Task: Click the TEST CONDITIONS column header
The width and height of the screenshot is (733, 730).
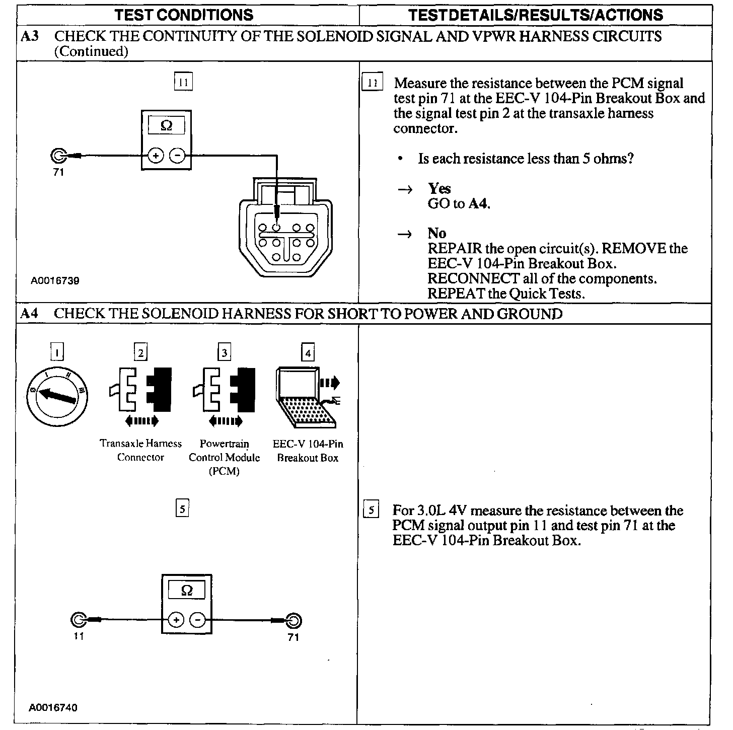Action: [x=184, y=15]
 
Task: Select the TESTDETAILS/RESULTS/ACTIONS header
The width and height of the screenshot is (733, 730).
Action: [x=535, y=15]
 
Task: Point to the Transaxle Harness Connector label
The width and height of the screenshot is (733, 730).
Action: [x=140, y=450]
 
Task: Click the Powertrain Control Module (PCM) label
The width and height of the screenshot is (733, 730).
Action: [x=225, y=457]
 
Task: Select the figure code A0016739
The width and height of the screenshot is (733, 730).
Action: [x=55, y=280]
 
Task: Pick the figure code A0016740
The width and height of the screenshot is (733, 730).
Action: [x=53, y=707]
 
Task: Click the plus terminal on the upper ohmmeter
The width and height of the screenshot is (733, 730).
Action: [x=156, y=156]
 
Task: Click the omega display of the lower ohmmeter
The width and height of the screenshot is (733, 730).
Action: [x=187, y=591]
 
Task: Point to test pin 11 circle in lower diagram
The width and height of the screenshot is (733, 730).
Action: [x=80, y=620]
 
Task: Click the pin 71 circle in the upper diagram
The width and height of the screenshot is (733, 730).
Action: [x=58, y=156]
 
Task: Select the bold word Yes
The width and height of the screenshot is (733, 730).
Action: [x=439, y=188]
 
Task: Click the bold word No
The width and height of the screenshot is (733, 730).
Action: [x=436, y=233]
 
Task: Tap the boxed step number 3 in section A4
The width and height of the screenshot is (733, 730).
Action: [x=225, y=352]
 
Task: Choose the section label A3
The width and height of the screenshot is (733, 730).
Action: [x=30, y=36]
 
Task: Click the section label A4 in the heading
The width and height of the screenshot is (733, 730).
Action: [x=29, y=314]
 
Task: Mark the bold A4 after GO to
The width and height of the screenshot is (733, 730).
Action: [x=479, y=203]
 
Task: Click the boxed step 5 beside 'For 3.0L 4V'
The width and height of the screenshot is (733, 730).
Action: [x=371, y=510]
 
